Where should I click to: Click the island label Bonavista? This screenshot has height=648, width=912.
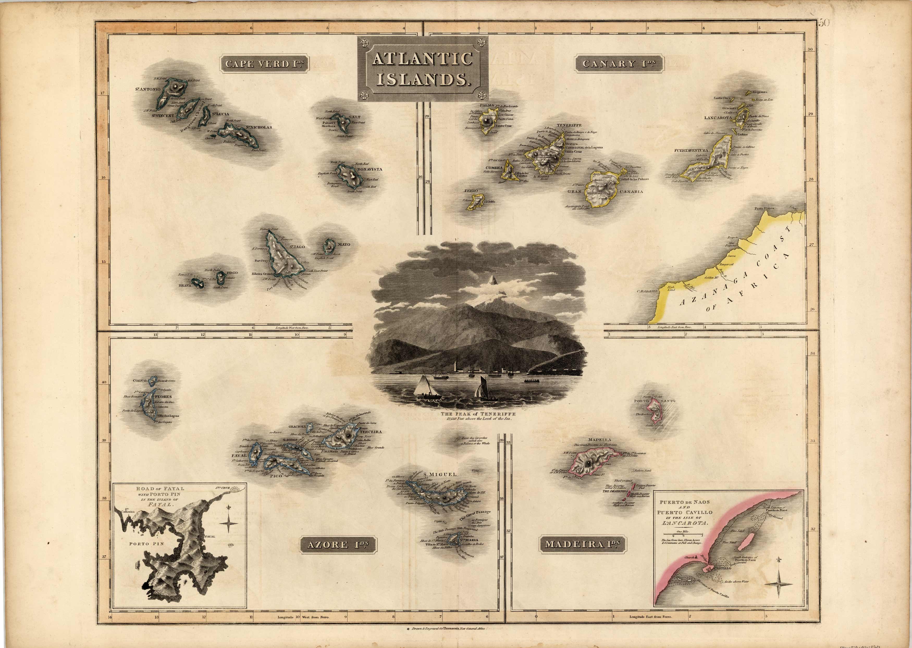[x=370, y=169]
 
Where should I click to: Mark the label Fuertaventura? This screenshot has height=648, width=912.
[x=691, y=150]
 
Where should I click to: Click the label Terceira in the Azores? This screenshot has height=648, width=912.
[x=370, y=432]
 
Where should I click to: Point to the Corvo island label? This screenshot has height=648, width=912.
[x=140, y=381]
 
